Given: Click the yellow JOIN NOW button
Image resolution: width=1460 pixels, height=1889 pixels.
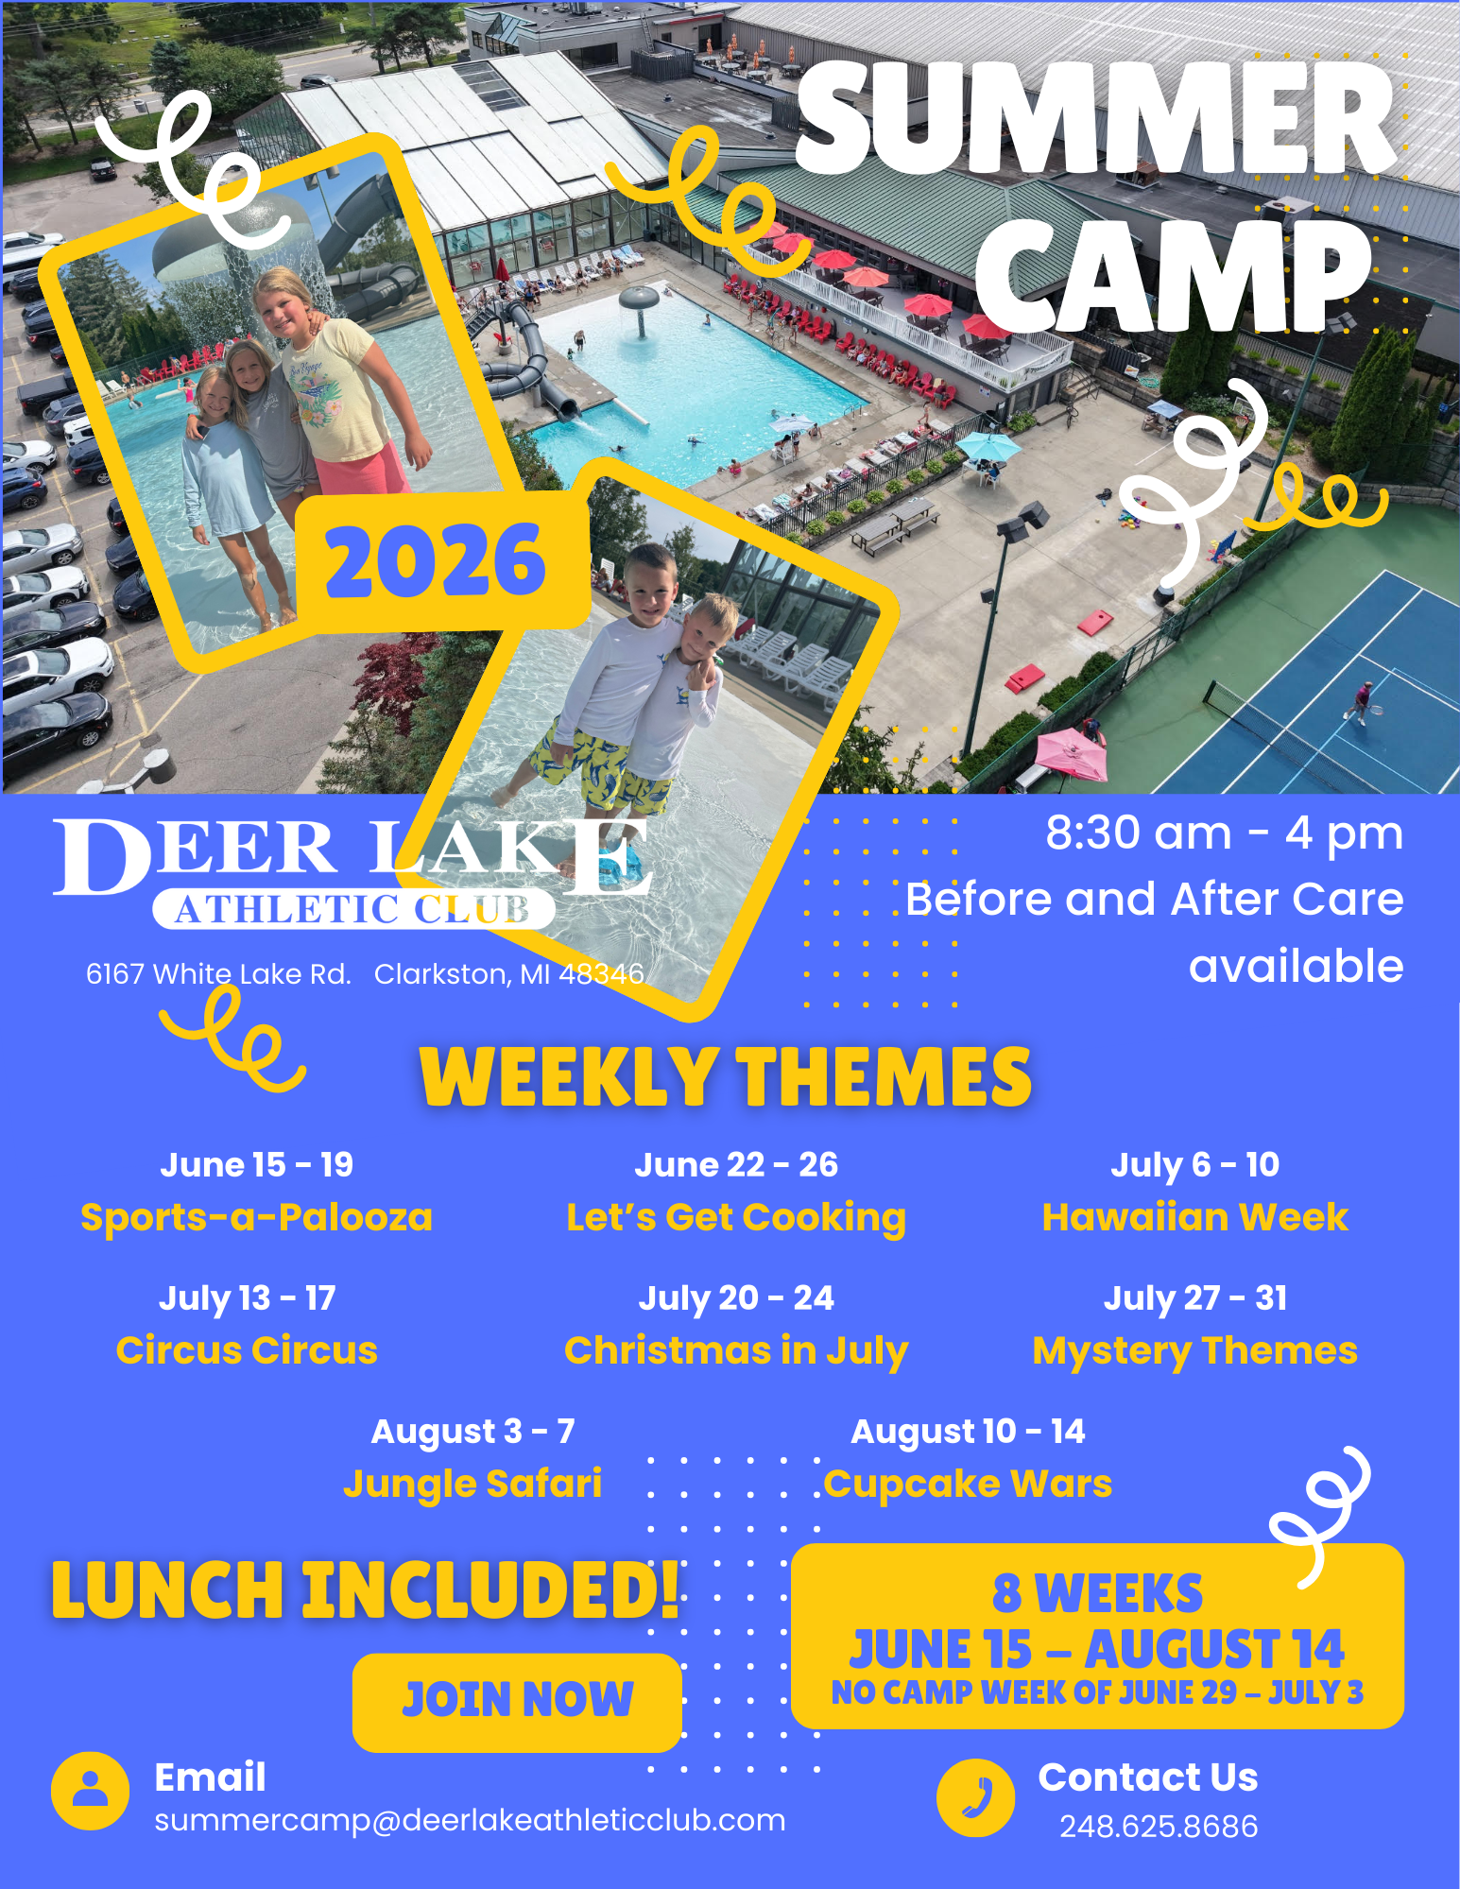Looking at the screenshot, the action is click(517, 1701).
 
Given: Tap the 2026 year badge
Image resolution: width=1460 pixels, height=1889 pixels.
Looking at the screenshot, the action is click(437, 561).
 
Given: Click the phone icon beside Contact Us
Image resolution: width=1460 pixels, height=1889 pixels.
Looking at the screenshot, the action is click(975, 1797).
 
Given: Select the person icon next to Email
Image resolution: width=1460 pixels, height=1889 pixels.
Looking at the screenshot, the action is click(90, 1791).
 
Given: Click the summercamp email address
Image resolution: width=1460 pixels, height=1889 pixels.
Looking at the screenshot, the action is click(470, 1820).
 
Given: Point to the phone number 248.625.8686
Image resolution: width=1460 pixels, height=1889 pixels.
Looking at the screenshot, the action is click(1159, 1826).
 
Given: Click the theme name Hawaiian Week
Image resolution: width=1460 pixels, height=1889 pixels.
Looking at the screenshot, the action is click(1194, 1217).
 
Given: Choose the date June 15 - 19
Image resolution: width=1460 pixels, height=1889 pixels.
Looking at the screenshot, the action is click(256, 1164).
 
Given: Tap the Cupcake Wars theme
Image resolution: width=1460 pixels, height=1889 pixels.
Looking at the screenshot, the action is click(968, 1485).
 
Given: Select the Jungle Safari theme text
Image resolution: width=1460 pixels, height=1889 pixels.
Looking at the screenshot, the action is click(472, 1485).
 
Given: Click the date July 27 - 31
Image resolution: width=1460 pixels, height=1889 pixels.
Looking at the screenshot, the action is click(1195, 1298).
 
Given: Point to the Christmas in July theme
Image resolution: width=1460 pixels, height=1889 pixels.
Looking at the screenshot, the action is click(736, 1351).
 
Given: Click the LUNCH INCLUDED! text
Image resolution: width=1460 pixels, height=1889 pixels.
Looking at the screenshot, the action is click(366, 1589).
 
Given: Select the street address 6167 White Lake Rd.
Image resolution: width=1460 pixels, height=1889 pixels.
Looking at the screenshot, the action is click(218, 974).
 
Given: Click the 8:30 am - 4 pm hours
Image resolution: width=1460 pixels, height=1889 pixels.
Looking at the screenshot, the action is click(1224, 833).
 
